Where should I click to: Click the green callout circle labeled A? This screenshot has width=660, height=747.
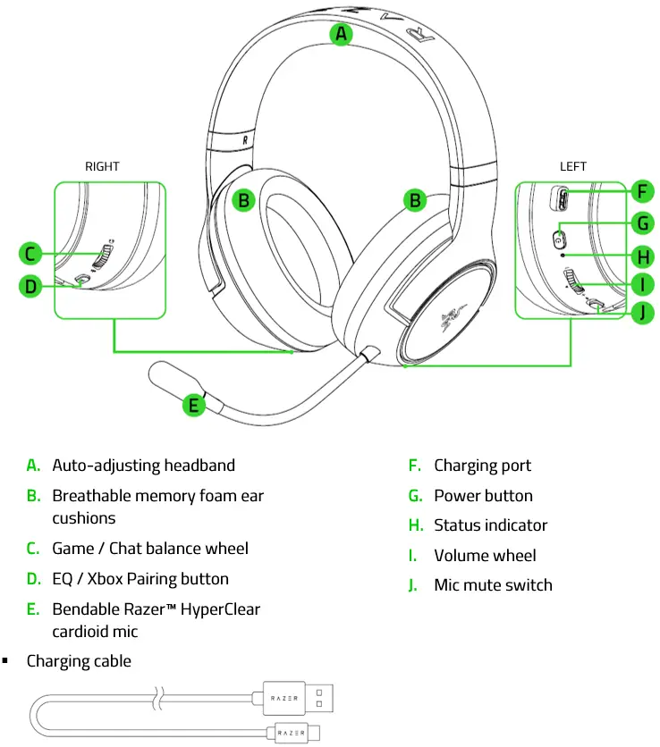[341, 35]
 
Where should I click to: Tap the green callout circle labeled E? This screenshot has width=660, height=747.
[194, 405]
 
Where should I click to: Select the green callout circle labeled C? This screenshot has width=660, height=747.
[30, 255]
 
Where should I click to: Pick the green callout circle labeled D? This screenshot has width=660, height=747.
[30, 286]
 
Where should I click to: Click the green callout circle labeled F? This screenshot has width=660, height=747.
[641, 191]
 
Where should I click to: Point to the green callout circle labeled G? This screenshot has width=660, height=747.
[641, 223]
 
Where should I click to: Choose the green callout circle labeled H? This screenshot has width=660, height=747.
[641, 256]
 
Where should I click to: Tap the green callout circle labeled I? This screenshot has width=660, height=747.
[641, 285]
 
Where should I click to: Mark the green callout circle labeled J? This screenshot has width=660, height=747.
[641, 313]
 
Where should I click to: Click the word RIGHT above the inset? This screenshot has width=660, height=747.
[102, 166]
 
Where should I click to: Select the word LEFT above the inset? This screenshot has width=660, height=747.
[573, 166]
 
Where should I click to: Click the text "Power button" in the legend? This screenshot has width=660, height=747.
[483, 495]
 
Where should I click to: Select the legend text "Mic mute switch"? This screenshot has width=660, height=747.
[493, 585]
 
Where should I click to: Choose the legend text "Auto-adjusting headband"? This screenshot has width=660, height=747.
[143, 465]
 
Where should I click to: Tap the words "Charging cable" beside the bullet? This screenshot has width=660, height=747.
[79, 661]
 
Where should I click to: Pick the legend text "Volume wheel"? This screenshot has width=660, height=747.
[485, 555]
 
